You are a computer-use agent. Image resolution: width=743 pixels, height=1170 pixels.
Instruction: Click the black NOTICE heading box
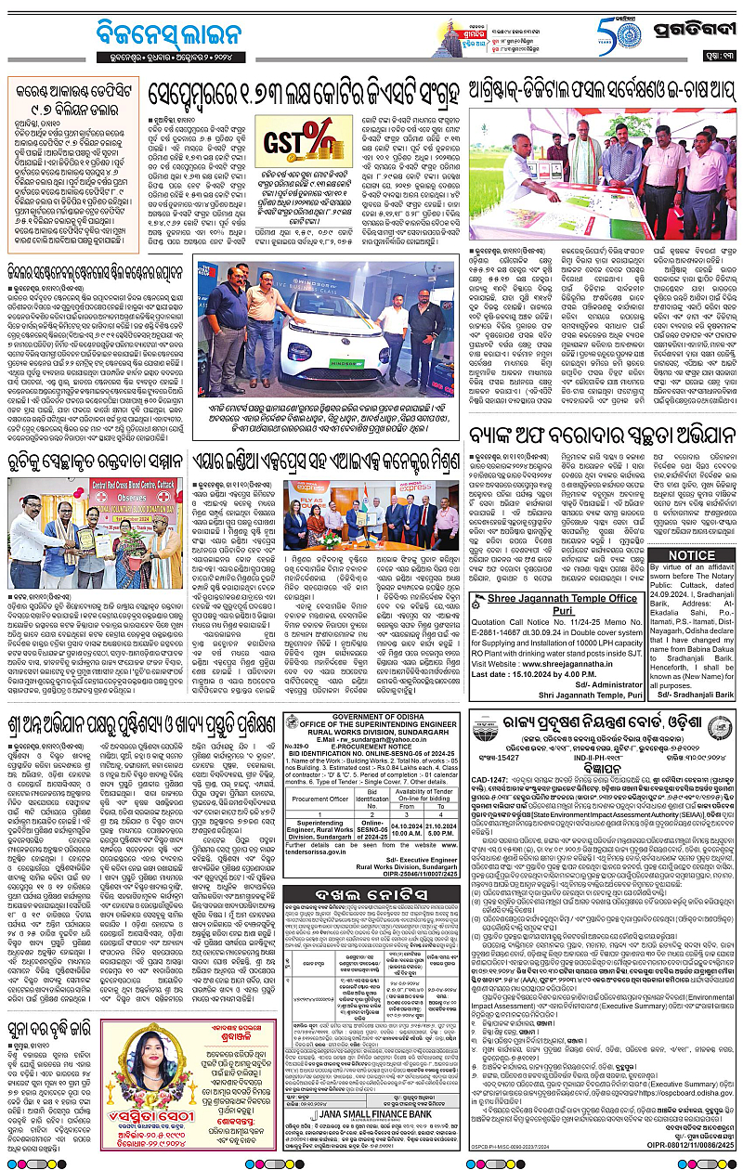pyautogui.click(x=693, y=556)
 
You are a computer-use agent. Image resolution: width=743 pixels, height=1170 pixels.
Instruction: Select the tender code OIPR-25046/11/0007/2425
pyautogui.click(x=408, y=938)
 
